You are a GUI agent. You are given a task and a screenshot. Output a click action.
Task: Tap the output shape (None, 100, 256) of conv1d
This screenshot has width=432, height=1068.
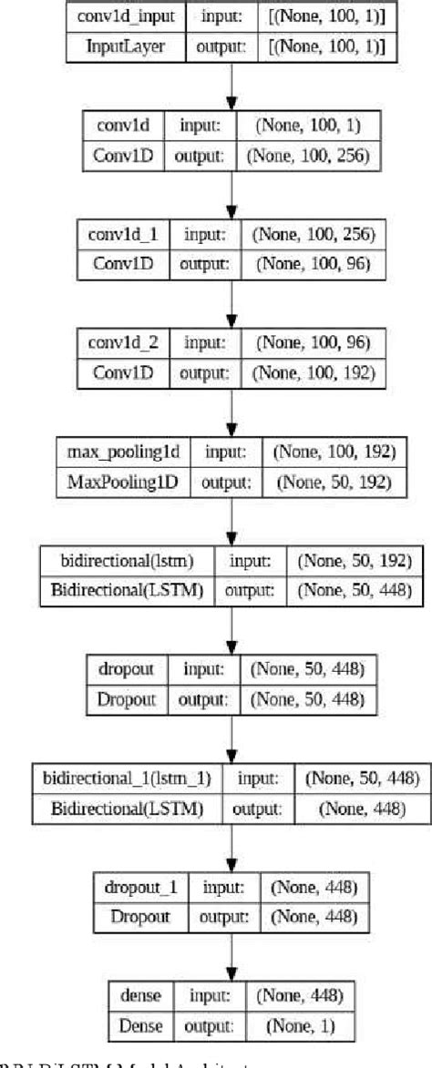pos(306,156)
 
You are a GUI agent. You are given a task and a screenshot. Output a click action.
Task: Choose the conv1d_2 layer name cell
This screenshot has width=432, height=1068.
pos(122,342)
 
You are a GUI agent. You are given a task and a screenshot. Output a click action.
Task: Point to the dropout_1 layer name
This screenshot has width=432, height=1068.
pos(136,887)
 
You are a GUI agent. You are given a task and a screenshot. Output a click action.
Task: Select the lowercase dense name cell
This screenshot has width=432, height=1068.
pos(134,994)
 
